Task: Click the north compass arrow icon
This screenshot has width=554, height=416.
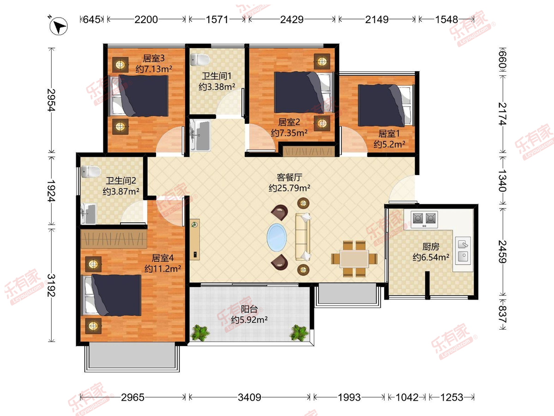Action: point(58,26)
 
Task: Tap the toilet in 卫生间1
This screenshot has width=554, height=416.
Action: point(200,60)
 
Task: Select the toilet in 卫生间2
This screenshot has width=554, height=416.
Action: point(91,172)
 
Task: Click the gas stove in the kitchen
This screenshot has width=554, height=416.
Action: point(424,219)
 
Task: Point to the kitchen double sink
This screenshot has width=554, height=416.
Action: point(463,251)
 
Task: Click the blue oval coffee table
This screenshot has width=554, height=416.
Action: point(277,237)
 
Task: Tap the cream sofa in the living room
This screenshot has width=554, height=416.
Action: point(303,237)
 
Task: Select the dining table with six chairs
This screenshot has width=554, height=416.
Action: point(354,259)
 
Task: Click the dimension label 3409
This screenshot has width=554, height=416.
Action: point(249,398)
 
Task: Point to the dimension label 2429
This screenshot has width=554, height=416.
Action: point(292,19)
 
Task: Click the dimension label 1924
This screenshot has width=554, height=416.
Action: point(51,191)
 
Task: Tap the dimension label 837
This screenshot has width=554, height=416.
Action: point(502,314)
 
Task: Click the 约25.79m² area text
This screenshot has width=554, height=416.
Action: point(289,188)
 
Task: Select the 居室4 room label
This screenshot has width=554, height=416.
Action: point(163,258)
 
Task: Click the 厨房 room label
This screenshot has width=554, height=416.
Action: point(431,246)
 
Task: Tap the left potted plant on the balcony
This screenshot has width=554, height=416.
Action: point(200,333)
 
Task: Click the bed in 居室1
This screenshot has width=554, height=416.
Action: point(386,105)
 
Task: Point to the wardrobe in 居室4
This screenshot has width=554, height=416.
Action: point(114,239)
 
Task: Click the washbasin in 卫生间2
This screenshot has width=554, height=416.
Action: point(88,214)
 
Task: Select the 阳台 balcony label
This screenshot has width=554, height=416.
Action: point(249,309)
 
